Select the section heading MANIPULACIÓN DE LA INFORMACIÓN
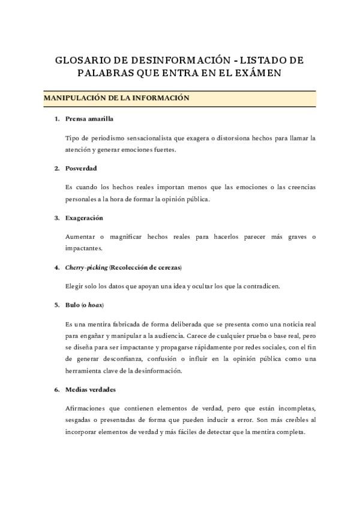coord(116,98)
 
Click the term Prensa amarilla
coord(89,119)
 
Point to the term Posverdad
coord(81,168)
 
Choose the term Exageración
coord(85,217)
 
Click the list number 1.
coord(56,119)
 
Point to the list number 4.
coord(56,267)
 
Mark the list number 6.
coord(56,372)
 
